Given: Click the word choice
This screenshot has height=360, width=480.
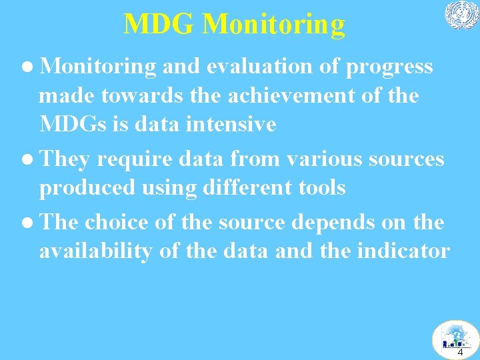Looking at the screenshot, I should coord(117,223).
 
